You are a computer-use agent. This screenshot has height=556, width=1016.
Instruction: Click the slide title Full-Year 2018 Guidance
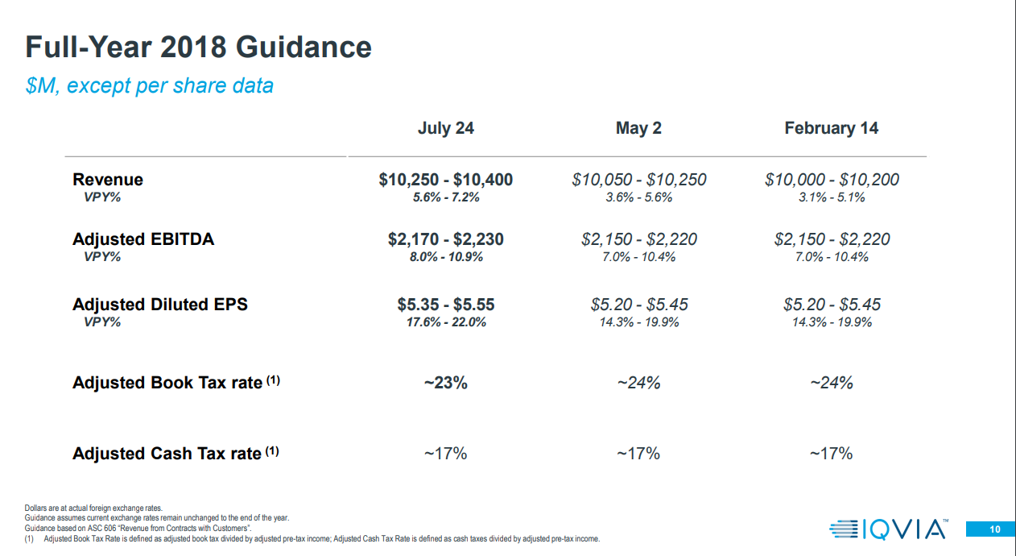tap(198, 48)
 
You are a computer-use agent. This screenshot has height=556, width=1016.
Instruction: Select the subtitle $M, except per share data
tap(150, 85)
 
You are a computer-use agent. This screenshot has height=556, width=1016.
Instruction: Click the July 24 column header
tap(445, 128)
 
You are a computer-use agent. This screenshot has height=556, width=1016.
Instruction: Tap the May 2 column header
tap(638, 128)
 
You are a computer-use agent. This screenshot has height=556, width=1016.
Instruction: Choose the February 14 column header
tap(831, 128)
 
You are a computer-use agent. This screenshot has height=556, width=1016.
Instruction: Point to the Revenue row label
tap(108, 180)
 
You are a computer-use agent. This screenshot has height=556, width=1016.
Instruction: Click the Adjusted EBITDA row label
tap(143, 239)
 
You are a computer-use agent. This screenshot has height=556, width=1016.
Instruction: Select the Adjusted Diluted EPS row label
tap(159, 305)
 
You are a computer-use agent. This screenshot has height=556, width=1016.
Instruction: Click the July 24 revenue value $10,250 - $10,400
tap(445, 180)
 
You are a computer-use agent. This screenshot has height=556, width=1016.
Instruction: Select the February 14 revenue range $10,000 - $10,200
tap(832, 180)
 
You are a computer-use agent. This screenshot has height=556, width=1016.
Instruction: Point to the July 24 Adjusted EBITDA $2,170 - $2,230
tap(445, 239)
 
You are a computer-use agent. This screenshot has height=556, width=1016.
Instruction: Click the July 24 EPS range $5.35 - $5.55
tap(445, 305)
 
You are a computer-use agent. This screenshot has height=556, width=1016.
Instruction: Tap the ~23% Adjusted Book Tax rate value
tap(445, 383)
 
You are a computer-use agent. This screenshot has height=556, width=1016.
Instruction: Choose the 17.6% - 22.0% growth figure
tap(445, 322)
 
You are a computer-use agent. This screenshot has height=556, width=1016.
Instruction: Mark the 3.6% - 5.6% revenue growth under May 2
tap(638, 197)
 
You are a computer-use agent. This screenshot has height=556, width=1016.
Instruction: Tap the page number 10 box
tap(994, 529)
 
